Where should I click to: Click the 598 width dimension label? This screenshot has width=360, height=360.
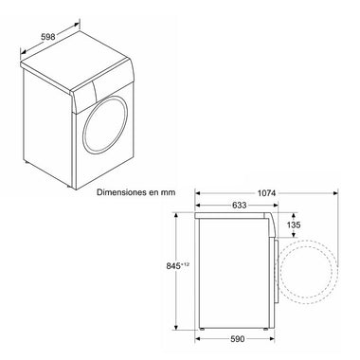point(48,37)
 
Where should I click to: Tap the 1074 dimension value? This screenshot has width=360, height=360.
point(267,193)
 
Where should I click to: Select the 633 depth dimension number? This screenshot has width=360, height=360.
point(240,206)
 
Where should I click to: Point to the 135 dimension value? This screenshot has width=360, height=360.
point(294,225)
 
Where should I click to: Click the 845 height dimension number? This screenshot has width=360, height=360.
point(173,266)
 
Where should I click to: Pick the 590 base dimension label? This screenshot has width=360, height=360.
point(238,339)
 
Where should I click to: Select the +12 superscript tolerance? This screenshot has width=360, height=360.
point(185,264)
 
